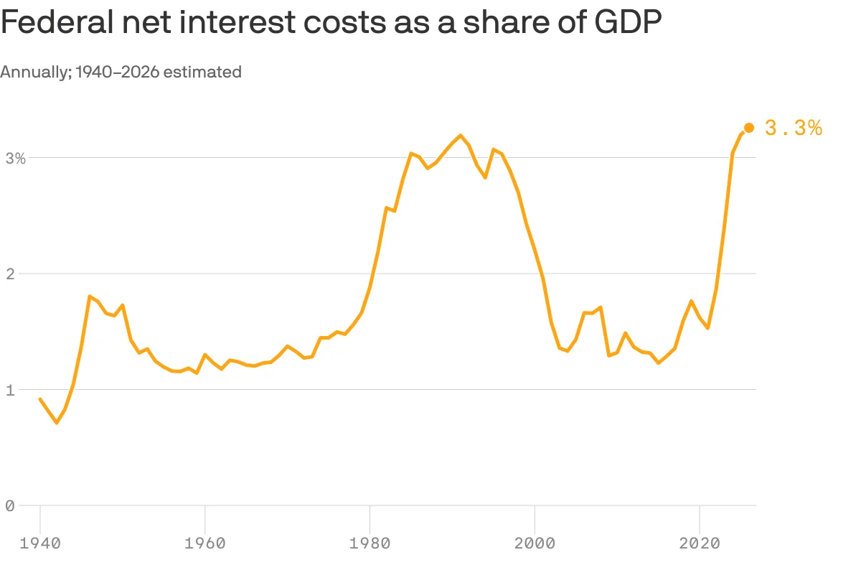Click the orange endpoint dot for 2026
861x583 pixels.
click(749, 128)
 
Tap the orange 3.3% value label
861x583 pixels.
click(794, 128)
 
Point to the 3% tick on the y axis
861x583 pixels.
click(16, 158)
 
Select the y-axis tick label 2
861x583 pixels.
click(10, 274)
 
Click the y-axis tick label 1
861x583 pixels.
click(10, 390)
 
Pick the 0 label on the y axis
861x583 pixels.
click(10, 506)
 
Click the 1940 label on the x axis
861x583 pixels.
click(40, 544)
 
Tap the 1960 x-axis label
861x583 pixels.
click(205, 544)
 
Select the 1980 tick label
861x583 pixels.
click(370, 544)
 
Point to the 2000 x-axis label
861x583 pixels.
click(535, 544)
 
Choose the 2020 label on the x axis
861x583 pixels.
click(700, 544)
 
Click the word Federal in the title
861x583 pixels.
click(57, 22)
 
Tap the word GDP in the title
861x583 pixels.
click(628, 22)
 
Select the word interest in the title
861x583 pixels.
click(237, 22)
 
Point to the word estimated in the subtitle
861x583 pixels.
click(202, 72)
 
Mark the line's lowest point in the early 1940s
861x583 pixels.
click(57, 423)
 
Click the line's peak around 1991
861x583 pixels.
click(461, 136)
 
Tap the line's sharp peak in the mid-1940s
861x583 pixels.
click(90, 296)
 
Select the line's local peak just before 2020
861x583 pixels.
click(692, 301)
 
